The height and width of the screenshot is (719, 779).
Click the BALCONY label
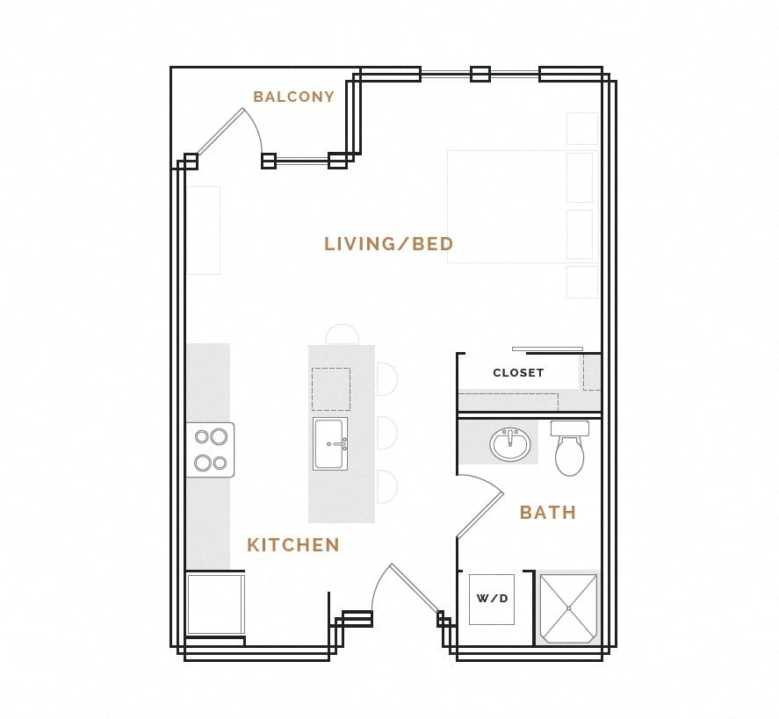pos(293,97)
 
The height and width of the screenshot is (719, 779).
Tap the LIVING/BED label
pos(388,244)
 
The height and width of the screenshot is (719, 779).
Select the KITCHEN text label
pos(292,545)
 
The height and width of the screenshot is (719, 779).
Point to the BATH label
pos(547,513)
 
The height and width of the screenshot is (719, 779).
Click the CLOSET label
pos(518,373)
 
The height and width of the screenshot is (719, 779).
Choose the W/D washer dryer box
pos(492,599)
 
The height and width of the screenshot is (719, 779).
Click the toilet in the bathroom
pos(569,449)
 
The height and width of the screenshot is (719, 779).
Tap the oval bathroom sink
pos(510,444)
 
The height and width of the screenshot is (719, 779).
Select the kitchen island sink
pos(330,443)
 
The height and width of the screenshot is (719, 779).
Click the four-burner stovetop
pos(210,449)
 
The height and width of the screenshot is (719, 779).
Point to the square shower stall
pos(568,608)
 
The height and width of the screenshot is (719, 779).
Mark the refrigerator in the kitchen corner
pos(214,603)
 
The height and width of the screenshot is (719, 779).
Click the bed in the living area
pos(522,206)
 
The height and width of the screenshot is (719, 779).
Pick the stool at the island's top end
pos(343,334)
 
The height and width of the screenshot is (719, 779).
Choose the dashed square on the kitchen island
pos(330,389)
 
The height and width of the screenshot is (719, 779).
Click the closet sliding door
pos(547,349)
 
